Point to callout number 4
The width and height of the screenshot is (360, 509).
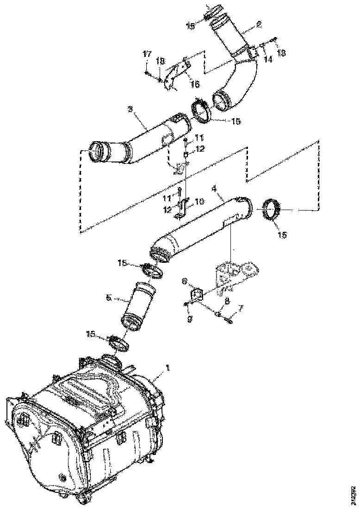click(x=214, y=189)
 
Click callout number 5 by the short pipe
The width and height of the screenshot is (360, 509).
click(x=108, y=299)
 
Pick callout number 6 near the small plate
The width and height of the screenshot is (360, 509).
click(x=184, y=281)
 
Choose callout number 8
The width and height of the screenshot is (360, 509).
click(x=226, y=300)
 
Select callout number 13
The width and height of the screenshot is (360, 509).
click(x=281, y=53)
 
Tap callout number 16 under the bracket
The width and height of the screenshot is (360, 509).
click(x=195, y=84)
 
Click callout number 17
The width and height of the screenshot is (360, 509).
click(x=147, y=55)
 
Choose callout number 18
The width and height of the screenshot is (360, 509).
click(x=160, y=61)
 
